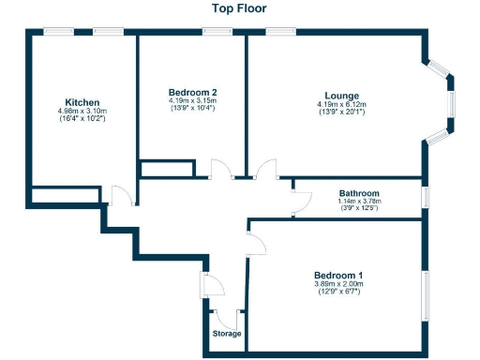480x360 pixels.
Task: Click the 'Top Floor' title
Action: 239,8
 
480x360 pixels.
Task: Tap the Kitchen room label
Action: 82,102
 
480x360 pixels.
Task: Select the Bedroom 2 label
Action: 193,92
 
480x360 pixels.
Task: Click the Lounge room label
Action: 341,95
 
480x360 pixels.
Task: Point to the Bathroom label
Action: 357,190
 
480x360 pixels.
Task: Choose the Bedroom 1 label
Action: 339,275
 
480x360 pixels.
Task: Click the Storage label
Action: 226,334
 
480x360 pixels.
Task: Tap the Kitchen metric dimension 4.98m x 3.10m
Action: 82,111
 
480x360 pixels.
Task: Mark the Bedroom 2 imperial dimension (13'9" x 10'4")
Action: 193,109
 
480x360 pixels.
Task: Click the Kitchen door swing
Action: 120,195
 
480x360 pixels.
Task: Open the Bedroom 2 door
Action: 221,170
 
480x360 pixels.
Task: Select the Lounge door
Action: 267,170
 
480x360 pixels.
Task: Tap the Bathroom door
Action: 302,201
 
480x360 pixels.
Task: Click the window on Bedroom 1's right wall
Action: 425,292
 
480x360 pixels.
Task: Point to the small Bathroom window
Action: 425,197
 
